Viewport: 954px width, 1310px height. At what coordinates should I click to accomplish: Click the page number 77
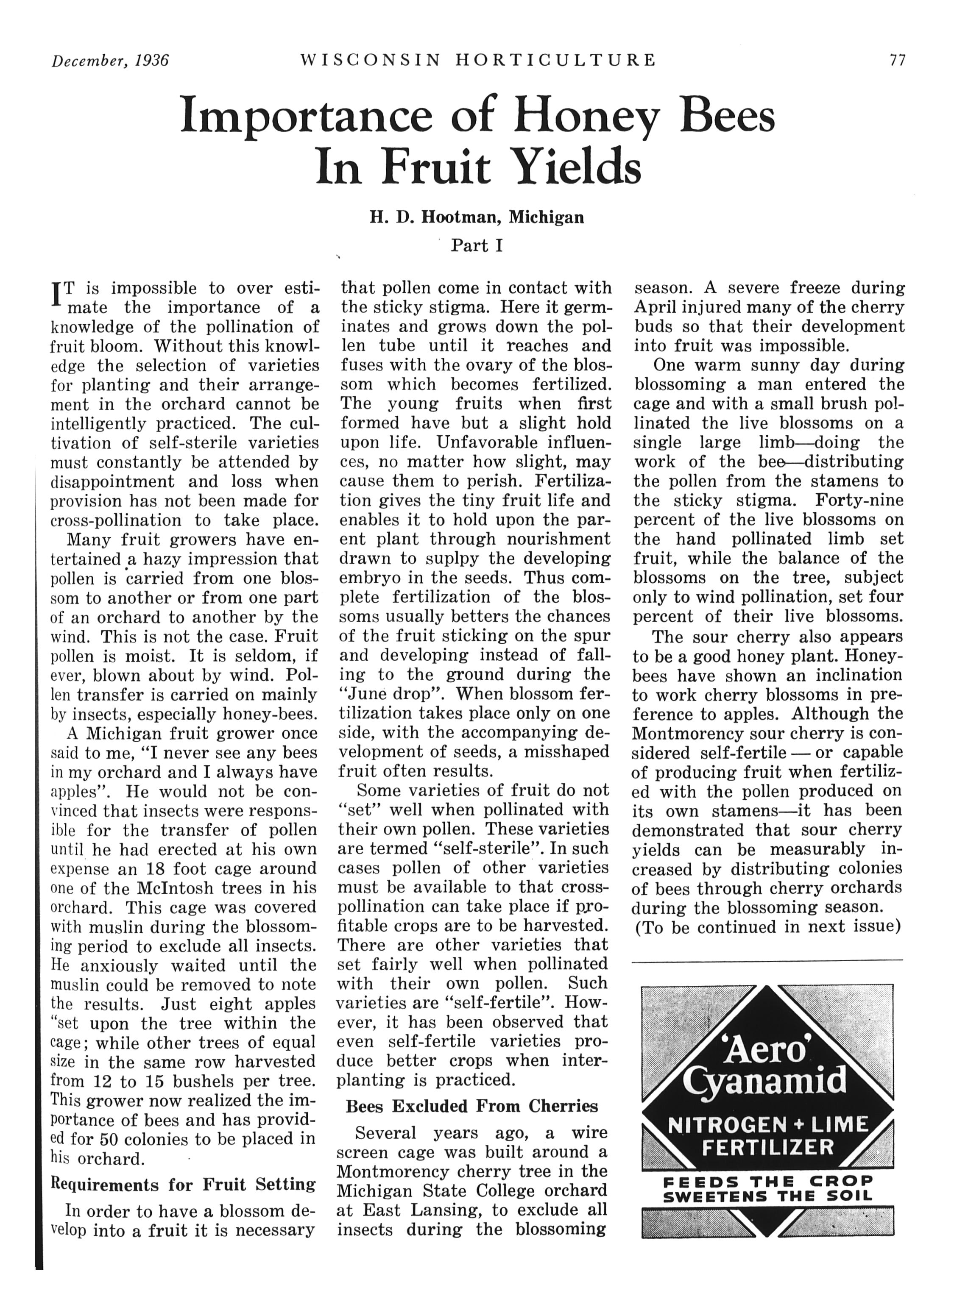[897, 61]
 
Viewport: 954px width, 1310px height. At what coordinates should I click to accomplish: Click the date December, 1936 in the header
[110, 61]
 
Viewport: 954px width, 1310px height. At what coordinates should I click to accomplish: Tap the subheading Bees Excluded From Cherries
[471, 1106]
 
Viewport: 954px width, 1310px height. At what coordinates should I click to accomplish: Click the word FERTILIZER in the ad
[767, 1146]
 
